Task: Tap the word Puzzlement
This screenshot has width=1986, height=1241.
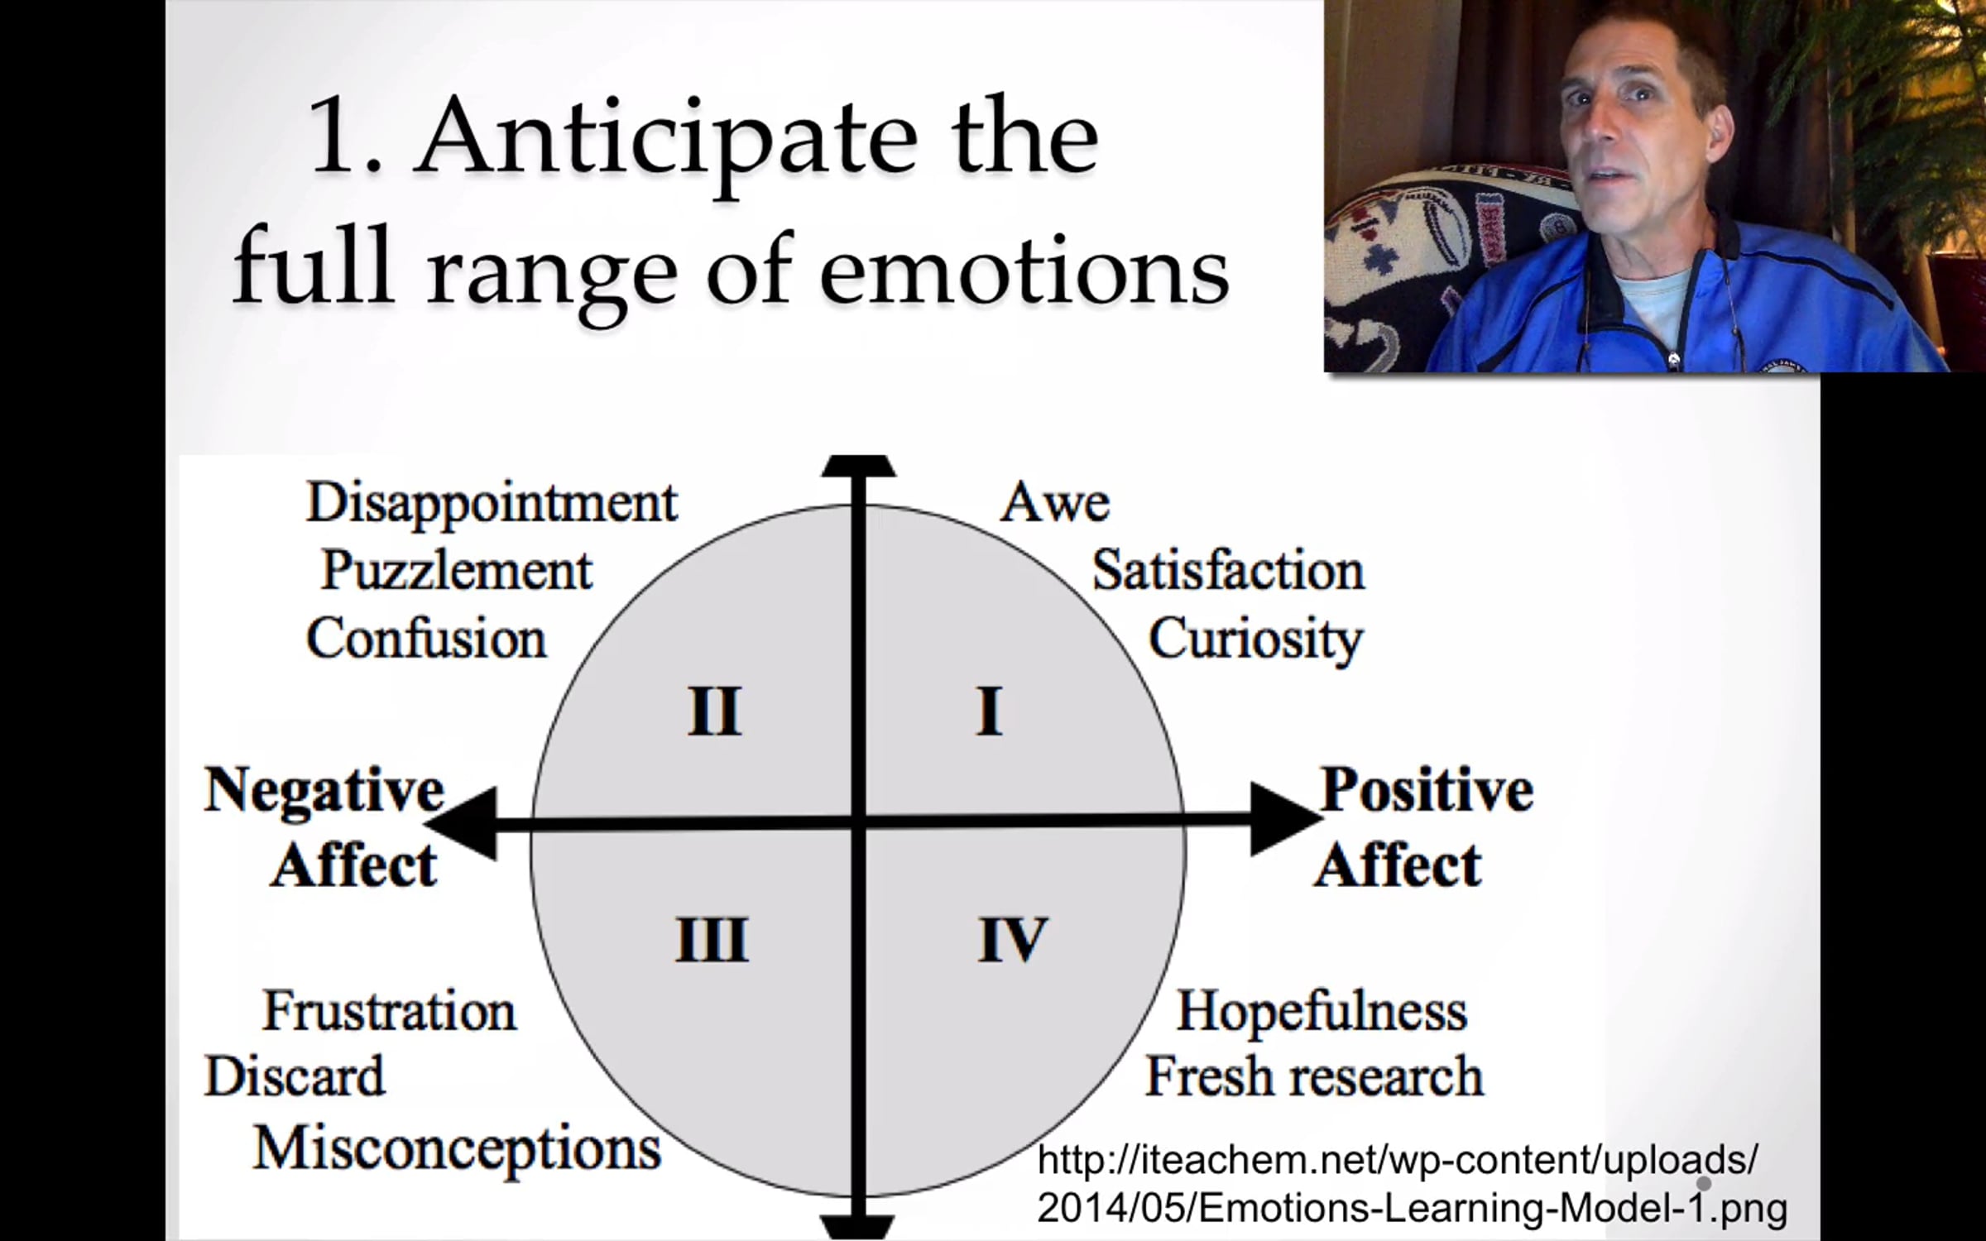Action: pos(456,571)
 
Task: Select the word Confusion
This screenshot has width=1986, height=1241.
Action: pos(426,639)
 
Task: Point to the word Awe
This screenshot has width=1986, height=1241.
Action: pos(1054,502)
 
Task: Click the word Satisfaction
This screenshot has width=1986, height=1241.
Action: pos(1228,571)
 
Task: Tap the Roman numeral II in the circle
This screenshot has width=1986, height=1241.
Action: pos(714,711)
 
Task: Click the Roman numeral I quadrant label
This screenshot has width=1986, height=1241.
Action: pos(989,711)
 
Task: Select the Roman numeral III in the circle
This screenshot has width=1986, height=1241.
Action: pos(712,939)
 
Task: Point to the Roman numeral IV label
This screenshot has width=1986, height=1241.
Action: pos(1013,939)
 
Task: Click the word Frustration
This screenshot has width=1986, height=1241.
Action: pos(389,1011)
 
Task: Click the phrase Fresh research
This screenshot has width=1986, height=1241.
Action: pos(1314,1076)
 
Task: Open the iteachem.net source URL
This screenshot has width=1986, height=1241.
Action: pos(1412,1184)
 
